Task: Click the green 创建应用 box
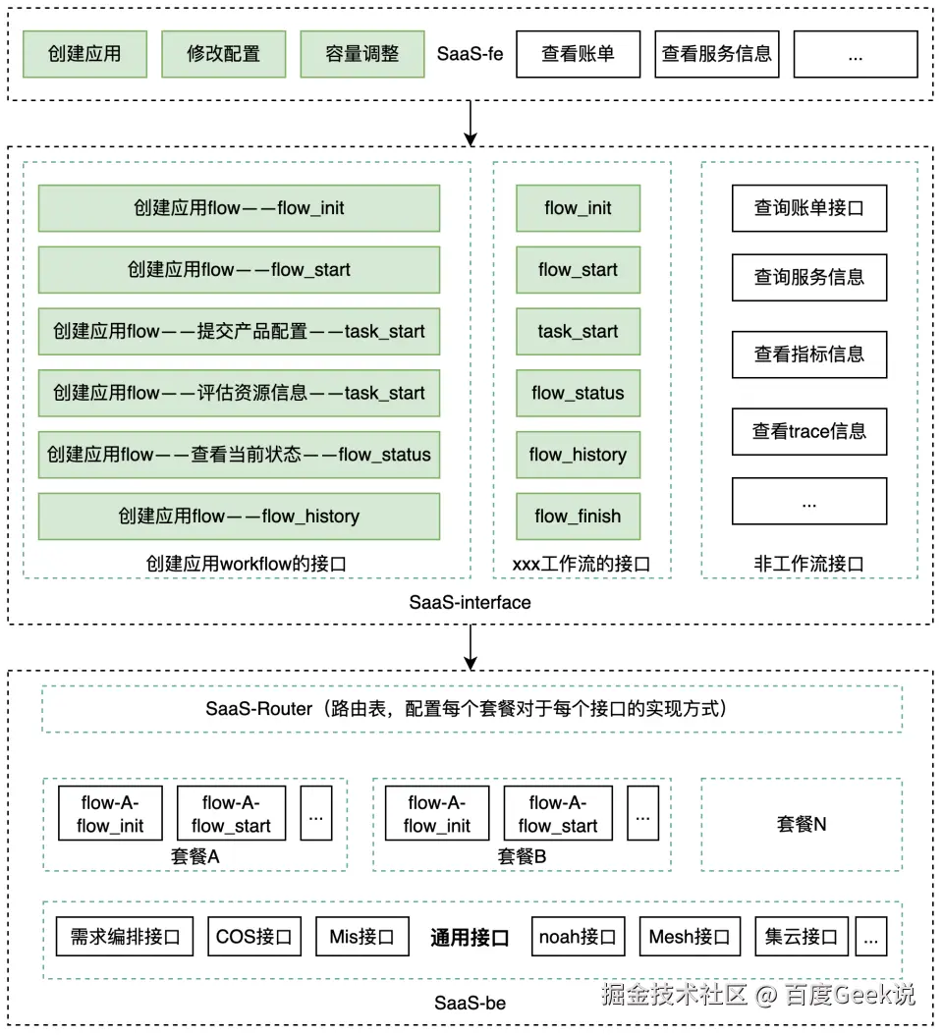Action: pyautogui.click(x=84, y=54)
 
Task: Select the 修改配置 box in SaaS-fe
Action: pyautogui.click(x=224, y=54)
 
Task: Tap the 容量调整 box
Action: pyautogui.click(x=362, y=54)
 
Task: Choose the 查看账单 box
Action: pyautogui.click(x=578, y=54)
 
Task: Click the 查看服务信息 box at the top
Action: pyautogui.click(x=716, y=54)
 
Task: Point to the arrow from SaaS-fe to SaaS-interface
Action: pyautogui.click(x=471, y=123)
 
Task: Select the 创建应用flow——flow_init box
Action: pyautogui.click(x=239, y=208)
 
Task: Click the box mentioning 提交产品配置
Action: pyautogui.click(x=239, y=332)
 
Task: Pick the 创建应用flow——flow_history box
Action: pyautogui.click(x=239, y=517)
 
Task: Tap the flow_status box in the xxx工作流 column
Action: pyautogui.click(x=578, y=394)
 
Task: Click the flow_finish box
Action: pyautogui.click(x=578, y=517)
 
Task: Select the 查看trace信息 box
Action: pyautogui.click(x=809, y=431)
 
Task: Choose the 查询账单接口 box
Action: pyautogui.click(x=809, y=208)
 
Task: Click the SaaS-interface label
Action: pyautogui.click(x=470, y=603)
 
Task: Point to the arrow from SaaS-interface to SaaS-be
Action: pyautogui.click(x=471, y=647)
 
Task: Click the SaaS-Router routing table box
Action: pyautogui.click(x=471, y=709)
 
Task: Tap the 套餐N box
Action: pyautogui.click(x=802, y=825)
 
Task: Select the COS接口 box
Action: pyautogui.click(x=254, y=938)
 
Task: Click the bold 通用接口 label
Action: pyautogui.click(x=470, y=938)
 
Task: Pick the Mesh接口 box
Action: pyautogui.click(x=690, y=938)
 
